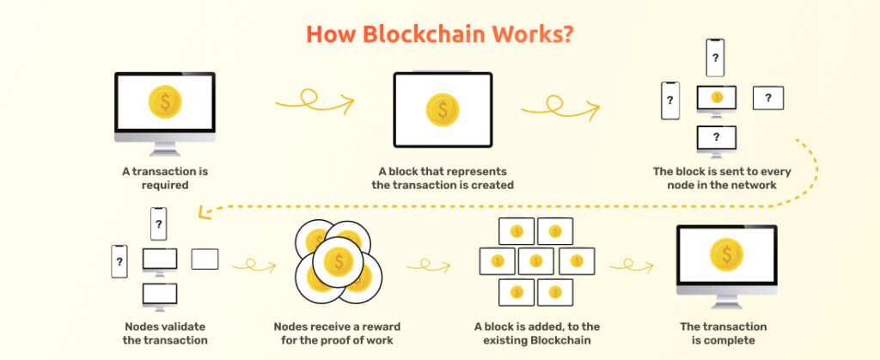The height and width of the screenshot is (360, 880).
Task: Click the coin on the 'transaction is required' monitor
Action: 164,102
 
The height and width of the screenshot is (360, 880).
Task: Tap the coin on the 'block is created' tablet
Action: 443,109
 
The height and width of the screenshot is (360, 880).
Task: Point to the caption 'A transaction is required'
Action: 164,178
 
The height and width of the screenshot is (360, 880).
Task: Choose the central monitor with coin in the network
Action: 717,98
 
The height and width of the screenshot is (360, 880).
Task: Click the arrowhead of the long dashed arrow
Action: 202,209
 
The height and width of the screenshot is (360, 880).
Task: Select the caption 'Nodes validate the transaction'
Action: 164,333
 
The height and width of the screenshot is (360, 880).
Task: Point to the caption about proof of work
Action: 337,333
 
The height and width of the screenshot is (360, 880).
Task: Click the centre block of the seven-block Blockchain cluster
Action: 535,259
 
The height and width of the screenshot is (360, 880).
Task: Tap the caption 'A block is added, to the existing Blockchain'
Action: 536,333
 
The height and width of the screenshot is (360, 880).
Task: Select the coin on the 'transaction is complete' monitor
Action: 727,255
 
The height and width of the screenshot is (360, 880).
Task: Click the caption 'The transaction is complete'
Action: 724,333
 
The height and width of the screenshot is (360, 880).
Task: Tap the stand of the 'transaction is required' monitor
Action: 164,148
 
